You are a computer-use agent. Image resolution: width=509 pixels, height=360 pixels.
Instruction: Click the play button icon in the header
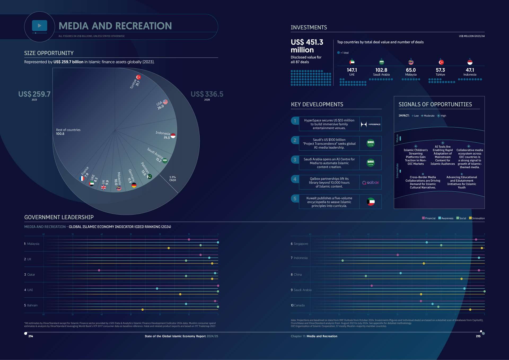pos(40,26)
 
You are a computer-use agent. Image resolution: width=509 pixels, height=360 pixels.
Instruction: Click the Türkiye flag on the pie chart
pos(138,77)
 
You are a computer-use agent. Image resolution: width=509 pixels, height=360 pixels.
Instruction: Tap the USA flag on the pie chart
pos(165,102)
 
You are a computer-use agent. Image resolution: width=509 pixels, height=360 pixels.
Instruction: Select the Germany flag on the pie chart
pos(134,185)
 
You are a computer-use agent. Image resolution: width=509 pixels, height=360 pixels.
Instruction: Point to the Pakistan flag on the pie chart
pos(150,177)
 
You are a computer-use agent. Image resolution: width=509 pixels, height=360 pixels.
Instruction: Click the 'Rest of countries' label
pos(68,130)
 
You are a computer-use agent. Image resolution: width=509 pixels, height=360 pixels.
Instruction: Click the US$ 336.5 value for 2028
pos(207,94)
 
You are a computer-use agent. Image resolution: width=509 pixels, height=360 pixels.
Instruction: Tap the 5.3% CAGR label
pos(173,179)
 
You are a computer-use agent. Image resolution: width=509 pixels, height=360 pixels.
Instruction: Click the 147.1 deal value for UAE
pos(352,70)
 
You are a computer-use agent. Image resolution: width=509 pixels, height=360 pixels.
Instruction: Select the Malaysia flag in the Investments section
pos(411,62)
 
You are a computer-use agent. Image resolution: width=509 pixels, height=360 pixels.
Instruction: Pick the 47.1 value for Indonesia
pos(470,70)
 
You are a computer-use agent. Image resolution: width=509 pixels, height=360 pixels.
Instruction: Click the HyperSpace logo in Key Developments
pos(371,124)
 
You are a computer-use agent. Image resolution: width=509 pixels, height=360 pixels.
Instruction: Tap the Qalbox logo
pos(371,182)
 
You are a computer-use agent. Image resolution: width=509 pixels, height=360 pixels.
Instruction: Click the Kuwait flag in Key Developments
pos(371,202)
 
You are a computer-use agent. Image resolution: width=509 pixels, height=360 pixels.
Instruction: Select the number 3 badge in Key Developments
pos(295,160)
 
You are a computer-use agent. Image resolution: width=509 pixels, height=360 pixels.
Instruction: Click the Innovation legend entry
pos(477,218)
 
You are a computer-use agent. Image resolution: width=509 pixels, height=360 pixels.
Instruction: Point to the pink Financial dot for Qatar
pos(99,270)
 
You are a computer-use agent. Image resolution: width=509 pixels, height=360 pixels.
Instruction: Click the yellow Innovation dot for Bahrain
pos(143,310)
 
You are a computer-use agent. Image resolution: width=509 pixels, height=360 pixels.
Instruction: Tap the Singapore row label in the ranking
pos(301,244)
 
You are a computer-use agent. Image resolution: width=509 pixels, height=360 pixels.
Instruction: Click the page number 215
pos(478,336)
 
